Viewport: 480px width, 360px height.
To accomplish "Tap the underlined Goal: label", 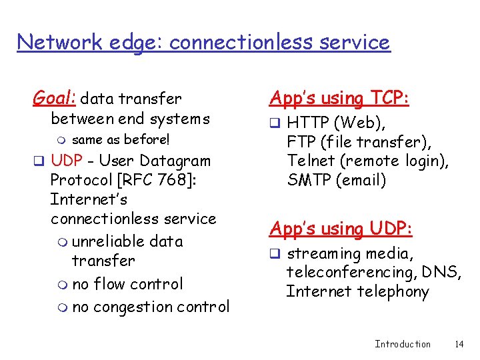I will [x=55, y=99].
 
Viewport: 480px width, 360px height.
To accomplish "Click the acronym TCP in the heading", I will [x=388, y=99].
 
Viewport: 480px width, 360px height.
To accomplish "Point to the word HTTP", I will [x=308, y=123].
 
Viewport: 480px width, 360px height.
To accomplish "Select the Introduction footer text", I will [x=402, y=344].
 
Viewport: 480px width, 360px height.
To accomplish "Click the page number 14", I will [x=458, y=344].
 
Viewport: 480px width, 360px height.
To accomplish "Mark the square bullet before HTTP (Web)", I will [x=274, y=123].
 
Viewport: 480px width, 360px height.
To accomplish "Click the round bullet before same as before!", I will [x=62, y=140].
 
